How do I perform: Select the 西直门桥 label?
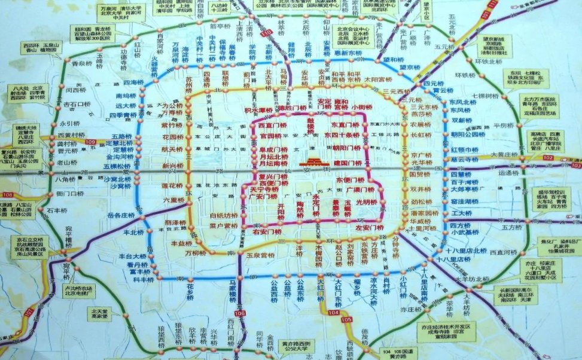(273, 126)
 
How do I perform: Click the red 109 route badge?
(90, 142)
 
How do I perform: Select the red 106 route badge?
(240, 313)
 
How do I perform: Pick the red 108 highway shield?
(8, 195)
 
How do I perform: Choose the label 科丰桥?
(144, 279)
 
